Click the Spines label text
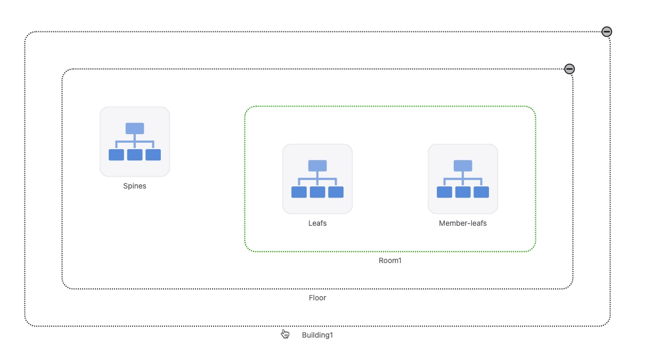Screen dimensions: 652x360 click(134, 186)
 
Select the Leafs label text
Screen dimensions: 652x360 click(317, 223)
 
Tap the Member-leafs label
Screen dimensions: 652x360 click(462, 223)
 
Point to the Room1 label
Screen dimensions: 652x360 click(390, 260)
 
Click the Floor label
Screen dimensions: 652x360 click(317, 298)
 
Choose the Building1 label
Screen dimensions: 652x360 click(317, 335)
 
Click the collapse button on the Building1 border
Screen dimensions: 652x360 click(607, 32)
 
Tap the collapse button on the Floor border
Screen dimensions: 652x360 click(569, 69)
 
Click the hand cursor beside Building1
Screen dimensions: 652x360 click(286, 334)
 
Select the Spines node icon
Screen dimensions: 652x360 click(135, 142)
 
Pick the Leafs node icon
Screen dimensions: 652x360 click(317, 179)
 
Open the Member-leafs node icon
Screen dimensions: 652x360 click(463, 179)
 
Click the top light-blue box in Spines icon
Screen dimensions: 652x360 click(135, 128)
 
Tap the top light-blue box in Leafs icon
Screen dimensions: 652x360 click(317, 166)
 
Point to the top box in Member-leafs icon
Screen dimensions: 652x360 click(463, 166)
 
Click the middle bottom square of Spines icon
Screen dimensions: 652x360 click(135, 155)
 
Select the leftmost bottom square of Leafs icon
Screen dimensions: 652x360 click(299, 192)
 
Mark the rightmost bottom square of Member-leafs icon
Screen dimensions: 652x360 click(481, 192)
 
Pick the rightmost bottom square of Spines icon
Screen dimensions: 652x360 click(153, 155)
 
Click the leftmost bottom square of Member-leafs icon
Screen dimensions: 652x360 click(444, 192)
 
